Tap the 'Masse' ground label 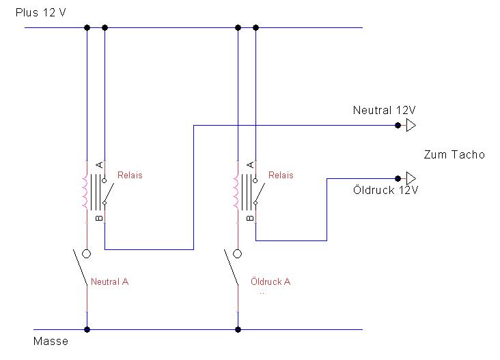point(51,341)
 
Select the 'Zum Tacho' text point(454,154)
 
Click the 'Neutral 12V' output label point(385,110)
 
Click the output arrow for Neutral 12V point(411,125)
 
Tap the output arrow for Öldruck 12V point(411,178)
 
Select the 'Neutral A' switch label point(109,281)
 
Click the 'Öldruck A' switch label point(270,281)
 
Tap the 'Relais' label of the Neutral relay point(130,176)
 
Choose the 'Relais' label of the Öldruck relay point(281,176)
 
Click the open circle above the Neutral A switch point(87,254)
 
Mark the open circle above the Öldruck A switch point(238,254)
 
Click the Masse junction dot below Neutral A point(87,329)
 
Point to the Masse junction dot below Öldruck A point(238,329)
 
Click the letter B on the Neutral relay point(99,218)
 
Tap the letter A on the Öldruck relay point(250,165)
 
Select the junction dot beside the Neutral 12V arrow point(398,125)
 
